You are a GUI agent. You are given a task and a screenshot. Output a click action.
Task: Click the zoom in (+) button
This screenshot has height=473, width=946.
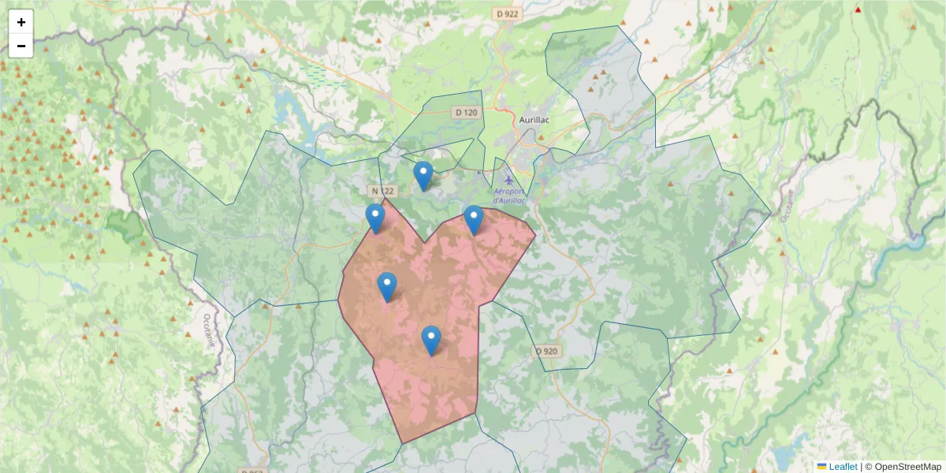tap(20, 22)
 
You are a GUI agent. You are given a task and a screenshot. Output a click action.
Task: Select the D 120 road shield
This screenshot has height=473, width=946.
tap(467, 113)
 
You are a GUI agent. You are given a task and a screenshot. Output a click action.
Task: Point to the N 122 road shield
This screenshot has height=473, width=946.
tap(381, 191)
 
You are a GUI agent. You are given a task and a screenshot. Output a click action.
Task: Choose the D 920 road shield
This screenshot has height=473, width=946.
tap(546, 351)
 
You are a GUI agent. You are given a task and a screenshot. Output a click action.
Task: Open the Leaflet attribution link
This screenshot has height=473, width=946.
tap(842, 467)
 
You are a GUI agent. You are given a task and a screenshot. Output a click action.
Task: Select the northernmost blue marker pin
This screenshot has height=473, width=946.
tap(423, 176)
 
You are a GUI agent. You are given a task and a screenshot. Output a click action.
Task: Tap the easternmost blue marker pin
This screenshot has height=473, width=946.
tap(473, 220)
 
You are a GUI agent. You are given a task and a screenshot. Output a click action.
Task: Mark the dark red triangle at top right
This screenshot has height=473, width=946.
tap(858, 10)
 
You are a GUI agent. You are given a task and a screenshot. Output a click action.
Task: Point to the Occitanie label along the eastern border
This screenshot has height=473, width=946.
tap(789, 205)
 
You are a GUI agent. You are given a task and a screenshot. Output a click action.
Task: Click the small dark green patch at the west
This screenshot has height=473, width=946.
tap(124, 225)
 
